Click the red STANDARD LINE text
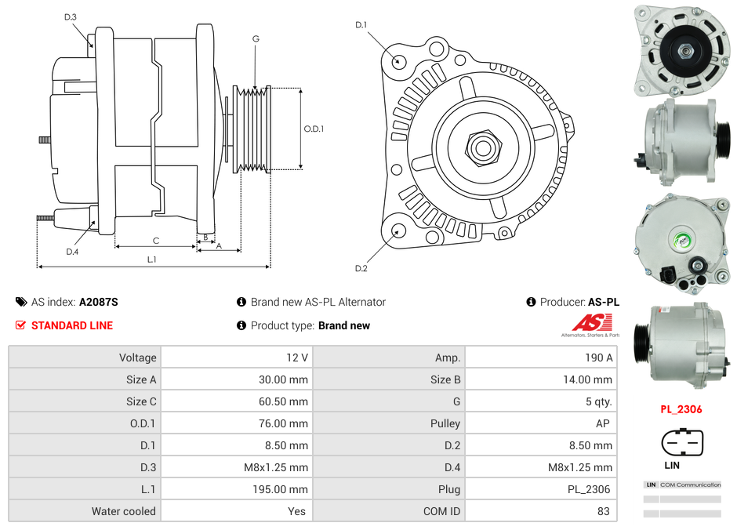pyautogui.click(x=72, y=325)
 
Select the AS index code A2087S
pyautogui.click(x=99, y=302)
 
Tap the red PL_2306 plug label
pyautogui.click(x=681, y=409)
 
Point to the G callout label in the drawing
pyautogui.click(x=256, y=38)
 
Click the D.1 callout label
pyautogui.click(x=361, y=25)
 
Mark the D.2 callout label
pyautogui.click(x=361, y=269)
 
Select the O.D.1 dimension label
pyautogui.click(x=314, y=129)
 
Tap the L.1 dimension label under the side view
pyautogui.click(x=151, y=259)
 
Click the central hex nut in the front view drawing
pyautogui.click(x=483, y=146)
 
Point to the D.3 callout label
pyautogui.click(x=70, y=16)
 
